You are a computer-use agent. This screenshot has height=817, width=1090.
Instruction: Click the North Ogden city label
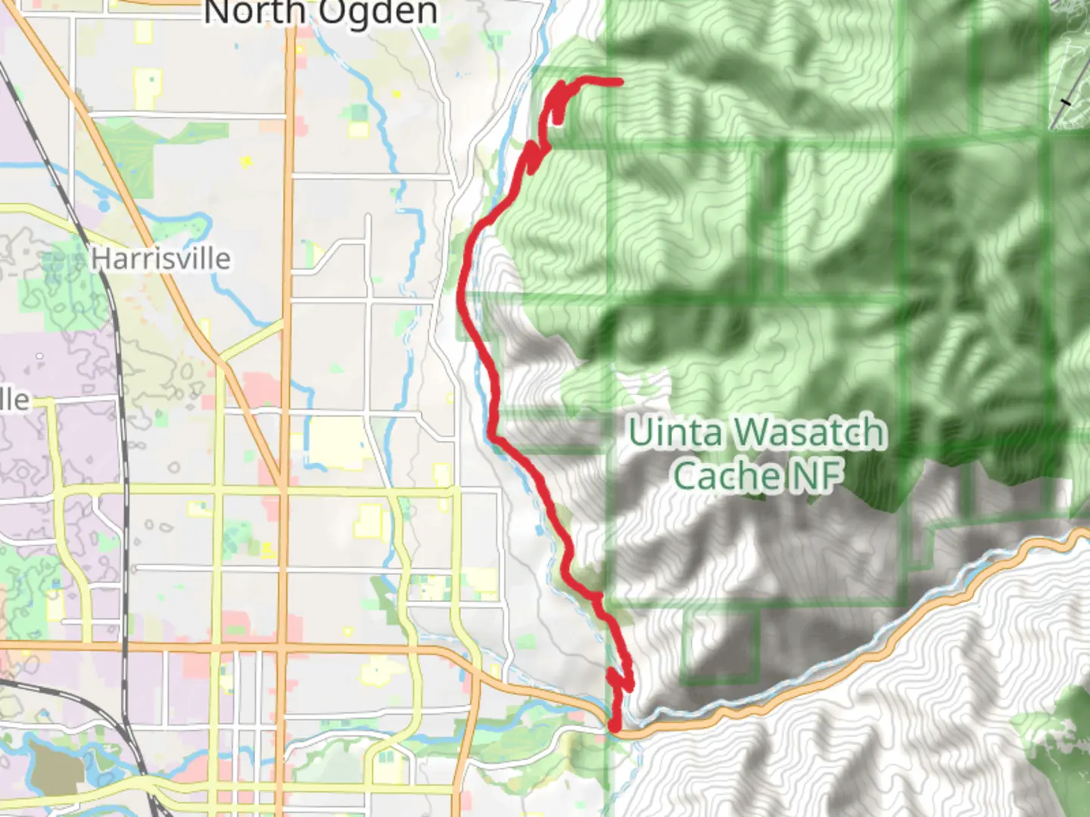coord(320,12)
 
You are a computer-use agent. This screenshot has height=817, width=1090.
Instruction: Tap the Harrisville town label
coord(160,259)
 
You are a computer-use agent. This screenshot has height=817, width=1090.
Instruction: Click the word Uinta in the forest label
coord(675,433)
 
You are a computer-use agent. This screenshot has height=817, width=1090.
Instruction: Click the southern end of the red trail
coord(615,728)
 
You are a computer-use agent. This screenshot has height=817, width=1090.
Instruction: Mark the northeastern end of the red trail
coord(621,81)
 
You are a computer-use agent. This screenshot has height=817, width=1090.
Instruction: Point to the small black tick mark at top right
coord(1067,101)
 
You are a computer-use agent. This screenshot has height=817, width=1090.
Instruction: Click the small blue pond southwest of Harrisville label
coord(104,205)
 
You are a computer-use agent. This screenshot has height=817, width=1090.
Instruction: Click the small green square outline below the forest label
coord(721,643)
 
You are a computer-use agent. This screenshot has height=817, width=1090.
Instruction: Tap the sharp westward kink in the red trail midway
coord(493,437)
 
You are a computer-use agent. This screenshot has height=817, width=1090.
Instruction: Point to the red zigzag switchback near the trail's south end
coord(621,677)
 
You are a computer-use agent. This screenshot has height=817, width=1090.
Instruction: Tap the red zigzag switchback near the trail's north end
coord(534,155)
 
